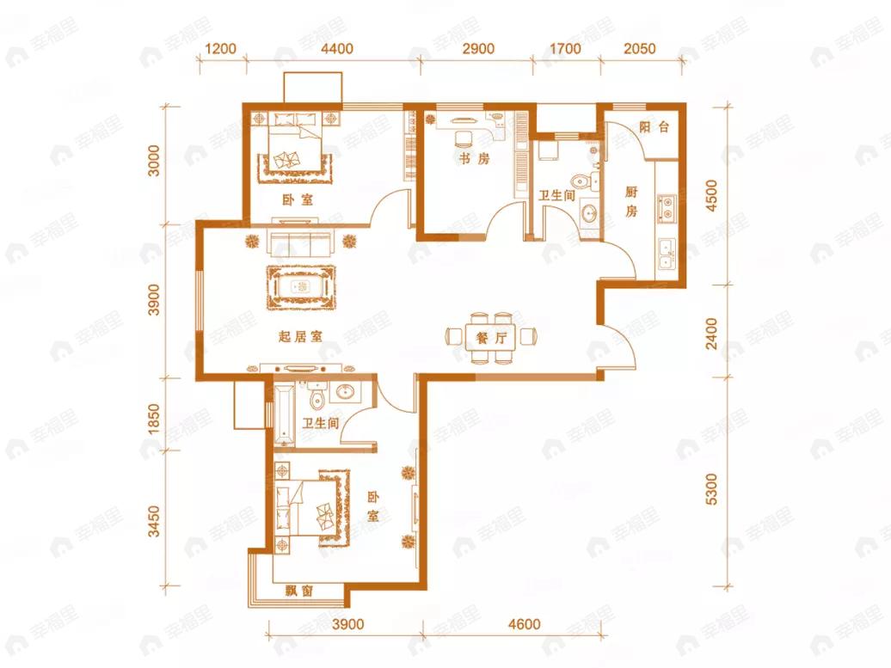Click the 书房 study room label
pos(474,159)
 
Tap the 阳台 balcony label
pos(654,126)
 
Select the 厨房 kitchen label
pos(631,202)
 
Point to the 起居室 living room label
pos(301,337)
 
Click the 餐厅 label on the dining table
pos(491,338)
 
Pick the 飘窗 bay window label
pos(299,591)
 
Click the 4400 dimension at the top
pos(337,49)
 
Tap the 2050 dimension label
pos(639,49)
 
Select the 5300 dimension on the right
pos(711,489)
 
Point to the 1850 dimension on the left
pos(154,420)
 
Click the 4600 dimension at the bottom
pos(524,625)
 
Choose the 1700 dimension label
pos(565,49)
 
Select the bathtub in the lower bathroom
pos(284,414)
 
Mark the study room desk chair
pos(464,138)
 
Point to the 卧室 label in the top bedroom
pos(298,200)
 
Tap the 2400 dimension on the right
pos(711,334)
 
